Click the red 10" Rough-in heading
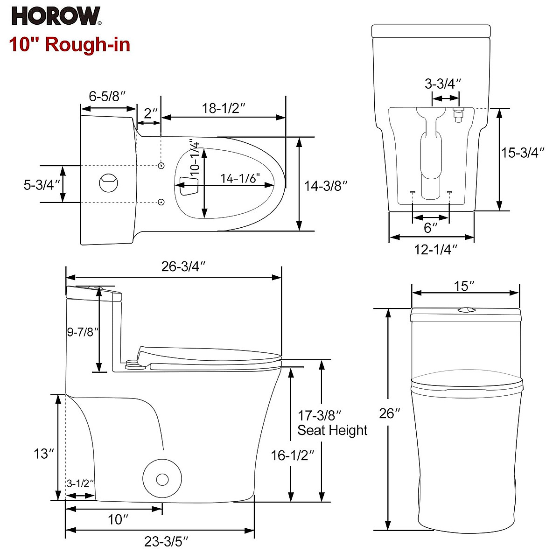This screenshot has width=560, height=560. (70, 45)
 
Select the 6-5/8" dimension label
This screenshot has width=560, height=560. (108, 97)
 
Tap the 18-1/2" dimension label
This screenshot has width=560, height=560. (224, 108)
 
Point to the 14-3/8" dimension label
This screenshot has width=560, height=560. (326, 186)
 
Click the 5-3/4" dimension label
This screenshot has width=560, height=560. (42, 185)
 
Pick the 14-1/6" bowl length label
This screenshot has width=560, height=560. (240, 178)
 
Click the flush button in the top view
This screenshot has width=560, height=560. (109, 182)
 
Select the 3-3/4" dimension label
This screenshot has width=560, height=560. (443, 84)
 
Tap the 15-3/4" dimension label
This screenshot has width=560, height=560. (523, 153)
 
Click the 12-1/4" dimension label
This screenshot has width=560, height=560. (435, 250)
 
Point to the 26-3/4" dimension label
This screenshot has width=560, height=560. (184, 266)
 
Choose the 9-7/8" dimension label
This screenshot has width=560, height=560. (83, 332)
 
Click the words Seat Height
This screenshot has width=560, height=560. (332, 430)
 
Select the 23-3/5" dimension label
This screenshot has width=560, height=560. (167, 542)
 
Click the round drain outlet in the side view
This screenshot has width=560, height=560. (162, 479)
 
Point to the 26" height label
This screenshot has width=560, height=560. (387, 413)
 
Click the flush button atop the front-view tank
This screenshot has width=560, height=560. (465, 309)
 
